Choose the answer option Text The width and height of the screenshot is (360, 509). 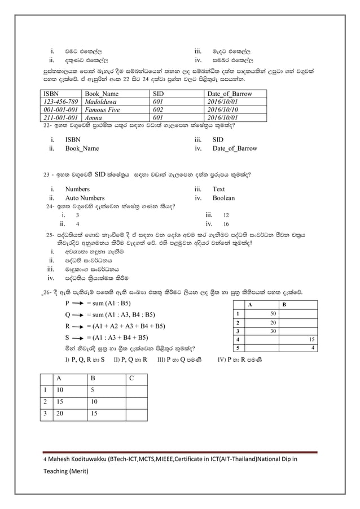[219, 189]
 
